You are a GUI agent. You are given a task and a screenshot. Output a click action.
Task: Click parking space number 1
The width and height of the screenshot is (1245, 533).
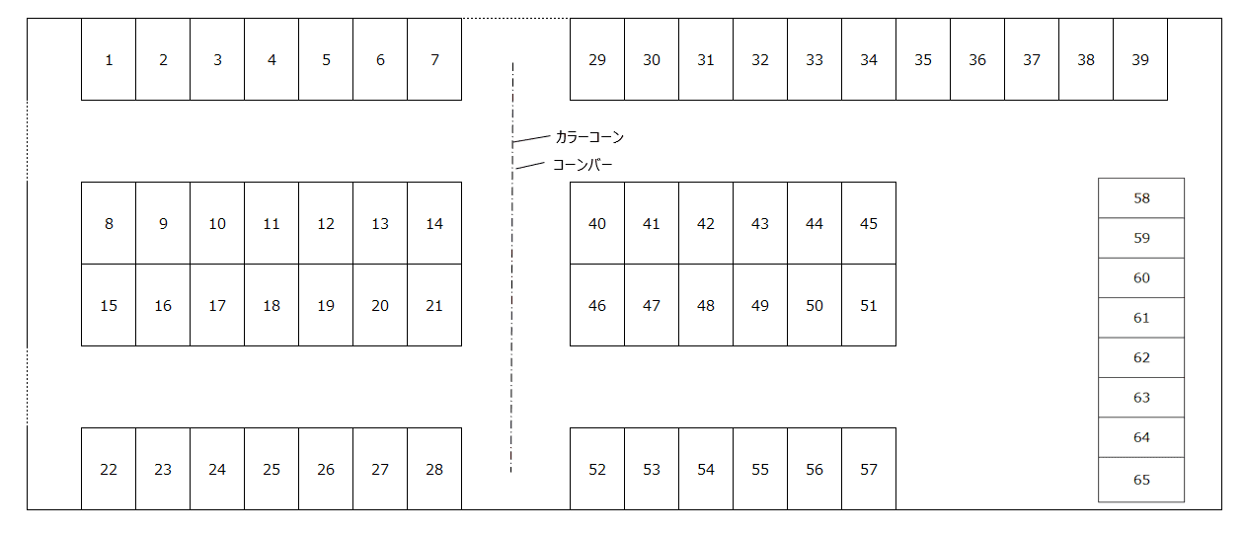point(109,59)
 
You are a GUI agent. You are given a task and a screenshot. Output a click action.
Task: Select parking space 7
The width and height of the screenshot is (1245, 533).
point(434,59)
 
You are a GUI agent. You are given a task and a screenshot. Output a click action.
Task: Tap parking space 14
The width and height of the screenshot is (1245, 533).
point(434,223)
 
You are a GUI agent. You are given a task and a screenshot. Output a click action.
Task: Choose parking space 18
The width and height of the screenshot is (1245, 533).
point(272,305)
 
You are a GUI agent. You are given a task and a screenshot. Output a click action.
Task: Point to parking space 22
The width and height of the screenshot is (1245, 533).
point(109,469)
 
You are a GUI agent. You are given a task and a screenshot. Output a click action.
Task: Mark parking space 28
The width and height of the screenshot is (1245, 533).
point(434,469)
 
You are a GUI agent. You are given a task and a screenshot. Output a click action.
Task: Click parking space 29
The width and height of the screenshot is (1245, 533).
point(597,59)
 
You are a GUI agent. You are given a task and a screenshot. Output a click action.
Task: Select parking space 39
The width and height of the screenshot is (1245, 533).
point(1140,59)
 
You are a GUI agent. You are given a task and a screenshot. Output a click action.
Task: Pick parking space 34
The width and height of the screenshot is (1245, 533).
point(869,59)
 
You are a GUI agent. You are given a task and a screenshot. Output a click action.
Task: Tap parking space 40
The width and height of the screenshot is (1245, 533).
point(597,223)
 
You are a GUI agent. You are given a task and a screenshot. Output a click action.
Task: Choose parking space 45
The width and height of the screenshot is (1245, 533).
point(869,223)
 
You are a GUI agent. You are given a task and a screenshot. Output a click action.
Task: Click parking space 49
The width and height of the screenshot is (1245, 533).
point(760,305)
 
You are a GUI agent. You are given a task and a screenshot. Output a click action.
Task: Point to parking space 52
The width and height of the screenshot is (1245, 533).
point(597,469)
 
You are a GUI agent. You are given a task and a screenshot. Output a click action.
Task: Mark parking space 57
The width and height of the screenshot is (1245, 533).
point(869,469)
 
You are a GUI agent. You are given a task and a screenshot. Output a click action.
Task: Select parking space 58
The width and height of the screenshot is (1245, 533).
point(1141,197)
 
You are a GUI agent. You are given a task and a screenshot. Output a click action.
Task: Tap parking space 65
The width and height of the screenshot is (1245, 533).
point(1141,480)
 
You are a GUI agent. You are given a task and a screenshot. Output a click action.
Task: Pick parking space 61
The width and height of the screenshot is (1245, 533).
point(1141,318)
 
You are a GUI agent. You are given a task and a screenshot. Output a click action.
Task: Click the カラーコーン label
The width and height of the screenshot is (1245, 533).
point(589,137)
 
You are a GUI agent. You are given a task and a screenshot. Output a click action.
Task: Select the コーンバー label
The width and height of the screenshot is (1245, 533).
point(583,164)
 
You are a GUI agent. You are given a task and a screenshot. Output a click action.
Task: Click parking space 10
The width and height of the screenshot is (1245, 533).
point(217,223)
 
